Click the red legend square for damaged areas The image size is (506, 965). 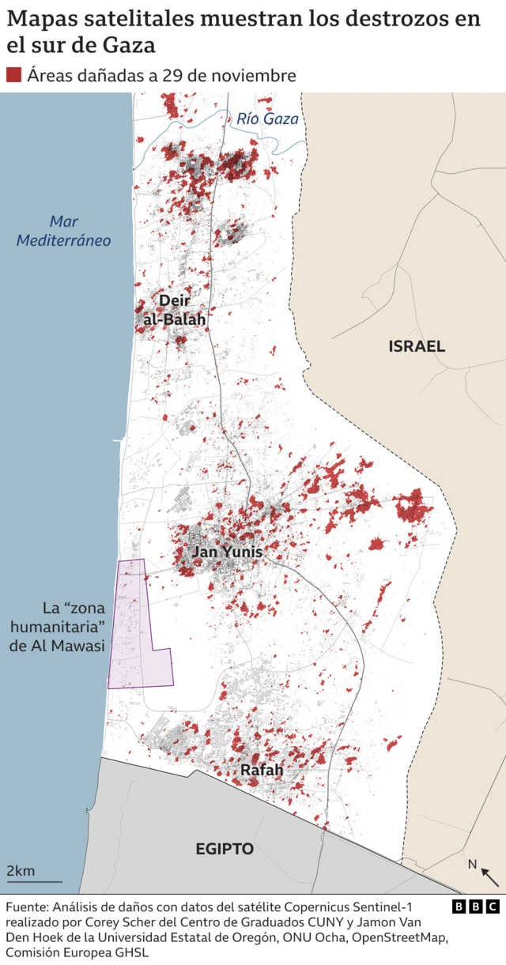[x=13, y=75]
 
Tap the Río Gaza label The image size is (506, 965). [x=267, y=119]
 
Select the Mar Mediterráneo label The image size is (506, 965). [x=64, y=231]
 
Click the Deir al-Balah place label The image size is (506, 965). [x=173, y=310]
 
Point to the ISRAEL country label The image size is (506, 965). [x=417, y=346]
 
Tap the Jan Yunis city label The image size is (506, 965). [x=227, y=552]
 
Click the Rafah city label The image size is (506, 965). [x=261, y=770]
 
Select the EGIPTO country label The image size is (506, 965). [x=225, y=849]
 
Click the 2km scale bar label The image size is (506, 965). [x=21, y=871]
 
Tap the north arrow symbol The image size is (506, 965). [x=489, y=876]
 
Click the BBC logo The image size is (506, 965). [x=476, y=907]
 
